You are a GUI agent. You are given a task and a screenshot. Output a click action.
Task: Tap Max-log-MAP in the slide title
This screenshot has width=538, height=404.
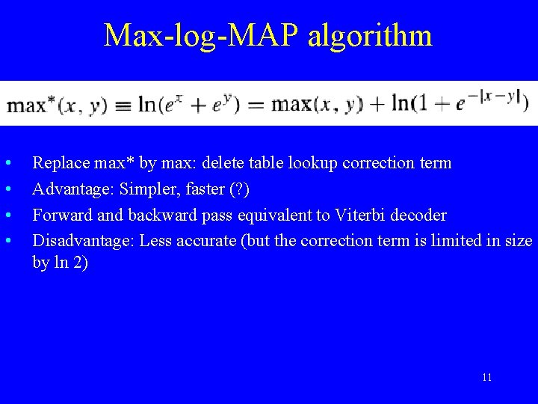click(x=202, y=36)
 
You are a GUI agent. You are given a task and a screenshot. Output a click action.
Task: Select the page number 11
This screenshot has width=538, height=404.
click(x=487, y=377)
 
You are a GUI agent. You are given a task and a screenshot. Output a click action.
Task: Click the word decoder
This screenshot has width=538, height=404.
click(x=420, y=215)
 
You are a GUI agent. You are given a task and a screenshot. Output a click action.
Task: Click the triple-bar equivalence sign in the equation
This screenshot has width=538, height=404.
click(x=122, y=105)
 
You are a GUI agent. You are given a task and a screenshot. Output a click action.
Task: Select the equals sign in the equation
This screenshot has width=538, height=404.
click(x=256, y=105)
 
